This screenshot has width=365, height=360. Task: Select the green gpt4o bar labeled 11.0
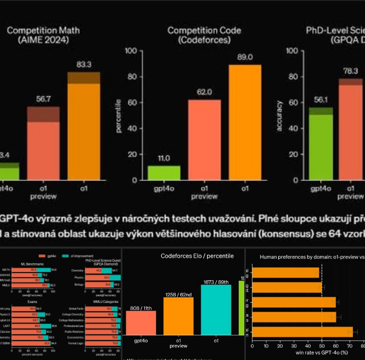pyautogui.click(x=164, y=173)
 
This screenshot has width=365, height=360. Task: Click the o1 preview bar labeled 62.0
pyautogui.click(x=204, y=140)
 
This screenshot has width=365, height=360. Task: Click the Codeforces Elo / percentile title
pyautogui.click(x=196, y=256)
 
